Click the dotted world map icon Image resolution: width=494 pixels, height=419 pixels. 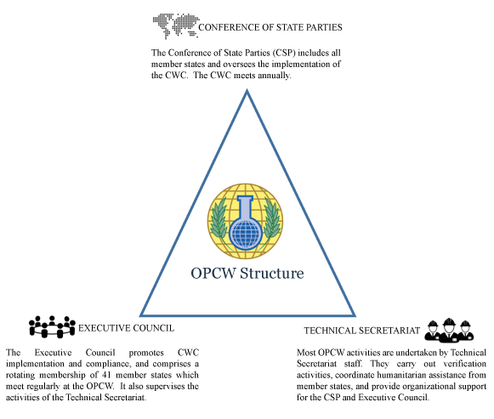coord(176,25)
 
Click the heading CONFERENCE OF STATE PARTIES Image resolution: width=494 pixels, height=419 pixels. coord(270,27)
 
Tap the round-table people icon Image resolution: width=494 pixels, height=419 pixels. coord(52,327)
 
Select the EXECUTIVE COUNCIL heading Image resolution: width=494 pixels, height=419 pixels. coord(126,328)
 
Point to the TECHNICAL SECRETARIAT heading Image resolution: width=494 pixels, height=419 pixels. coord(362,331)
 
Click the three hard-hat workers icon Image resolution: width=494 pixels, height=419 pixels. coord(449,331)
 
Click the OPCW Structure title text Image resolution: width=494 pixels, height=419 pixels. coord(247,274)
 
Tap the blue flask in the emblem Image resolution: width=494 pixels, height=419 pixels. coord(246,223)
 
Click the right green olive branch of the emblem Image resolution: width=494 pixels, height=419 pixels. coord(270,219)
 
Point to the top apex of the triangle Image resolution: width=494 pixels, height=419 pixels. coord(247,90)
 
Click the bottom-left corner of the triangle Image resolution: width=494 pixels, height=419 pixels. coord(140,315)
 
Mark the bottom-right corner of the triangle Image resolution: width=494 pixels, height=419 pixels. coord(355,315)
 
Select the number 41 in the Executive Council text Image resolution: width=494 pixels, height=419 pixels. coord(106,375)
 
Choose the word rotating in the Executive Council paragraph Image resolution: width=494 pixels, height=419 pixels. coord(20,376)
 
